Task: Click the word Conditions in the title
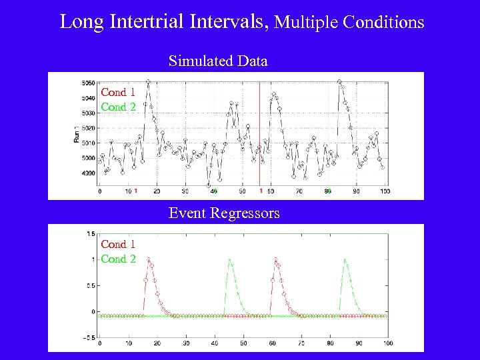point(383,22)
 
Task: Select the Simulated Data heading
point(218,61)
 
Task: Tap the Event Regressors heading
point(224,213)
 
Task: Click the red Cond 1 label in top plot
point(118,93)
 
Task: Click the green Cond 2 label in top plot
point(118,107)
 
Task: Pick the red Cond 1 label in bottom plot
point(118,245)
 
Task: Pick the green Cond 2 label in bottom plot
point(118,259)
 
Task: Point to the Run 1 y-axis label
point(76,135)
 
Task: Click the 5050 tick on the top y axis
point(87,83)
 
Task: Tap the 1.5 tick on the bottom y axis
point(90,234)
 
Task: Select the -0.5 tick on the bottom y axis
point(89,337)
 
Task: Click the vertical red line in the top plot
point(259,133)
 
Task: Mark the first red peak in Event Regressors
point(148,259)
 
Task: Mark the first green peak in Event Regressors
point(229,260)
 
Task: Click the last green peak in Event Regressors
point(345,260)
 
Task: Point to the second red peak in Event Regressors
point(275,259)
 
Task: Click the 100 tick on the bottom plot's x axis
point(388,343)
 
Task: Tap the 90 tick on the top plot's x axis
point(356,191)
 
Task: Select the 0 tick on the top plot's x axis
point(100,191)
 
